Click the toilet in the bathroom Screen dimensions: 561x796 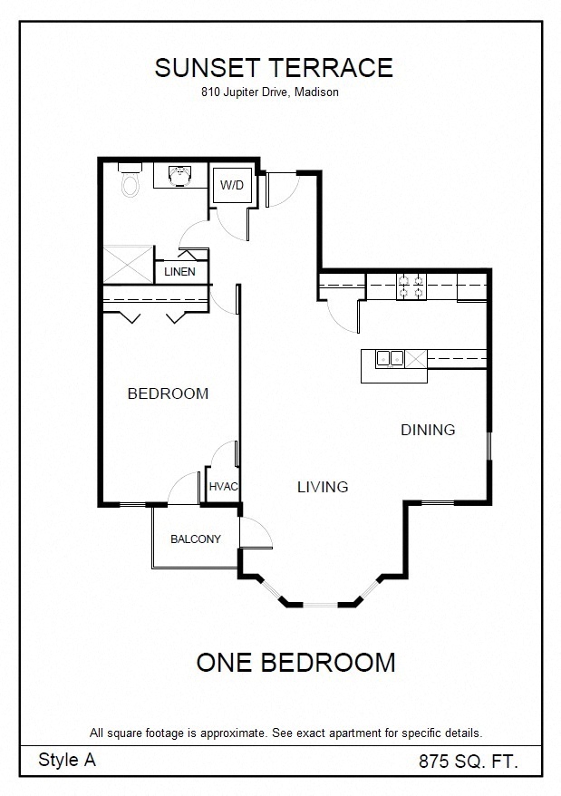(131, 180)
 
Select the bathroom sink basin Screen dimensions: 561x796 (180, 176)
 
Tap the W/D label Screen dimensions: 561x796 (231, 185)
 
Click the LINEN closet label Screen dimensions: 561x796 (179, 272)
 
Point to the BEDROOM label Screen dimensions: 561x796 (168, 393)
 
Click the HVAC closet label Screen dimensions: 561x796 (223, 486)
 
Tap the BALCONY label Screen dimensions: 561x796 (196, 539)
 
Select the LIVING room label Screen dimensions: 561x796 (323, 487)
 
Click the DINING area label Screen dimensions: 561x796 (428, 430)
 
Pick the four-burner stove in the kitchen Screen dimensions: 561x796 (411, 286)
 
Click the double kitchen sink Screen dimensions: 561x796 (390, 358)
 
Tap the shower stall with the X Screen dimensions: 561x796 (129, 265)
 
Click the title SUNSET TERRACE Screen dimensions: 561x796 (274, 67)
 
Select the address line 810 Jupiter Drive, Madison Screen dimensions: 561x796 (269, 92)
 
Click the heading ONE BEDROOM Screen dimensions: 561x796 (295, 663)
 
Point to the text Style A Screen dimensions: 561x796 (66, 760)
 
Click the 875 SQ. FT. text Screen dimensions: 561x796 (468, 762)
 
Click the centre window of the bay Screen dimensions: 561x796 (320, 605)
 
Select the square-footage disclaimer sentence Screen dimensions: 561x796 (285, 733)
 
